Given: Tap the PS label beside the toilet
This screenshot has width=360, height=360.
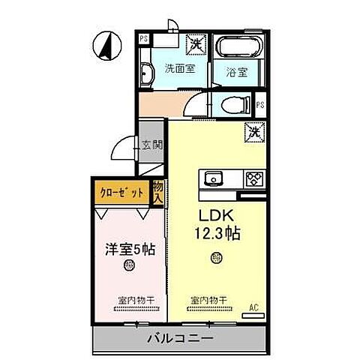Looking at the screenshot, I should [x=260, y=106].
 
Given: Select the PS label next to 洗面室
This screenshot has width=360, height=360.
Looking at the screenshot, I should [x=142, y=38].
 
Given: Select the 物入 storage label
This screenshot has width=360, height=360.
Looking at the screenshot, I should [x=158, y=192].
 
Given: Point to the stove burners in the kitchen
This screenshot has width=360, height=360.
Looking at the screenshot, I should [x=253, y=178].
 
